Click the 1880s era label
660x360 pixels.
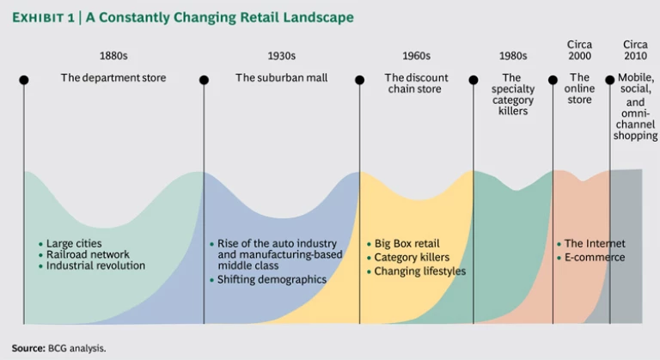(113, 57)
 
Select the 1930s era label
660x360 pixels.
(281, 57)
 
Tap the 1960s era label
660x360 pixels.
(416, 57)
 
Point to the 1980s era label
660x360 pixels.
(512, 57)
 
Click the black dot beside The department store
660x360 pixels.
(24, 80)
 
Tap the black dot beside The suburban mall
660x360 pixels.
(204, 80)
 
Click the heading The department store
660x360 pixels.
(113, 78)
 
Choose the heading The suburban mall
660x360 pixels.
(281, 78)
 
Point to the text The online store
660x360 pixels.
(580, 88)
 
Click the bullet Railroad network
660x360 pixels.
(88, 255)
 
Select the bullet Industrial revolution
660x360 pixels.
(95, 266)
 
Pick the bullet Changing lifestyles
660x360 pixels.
(419, 272)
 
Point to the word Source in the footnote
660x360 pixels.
(28, 348)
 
